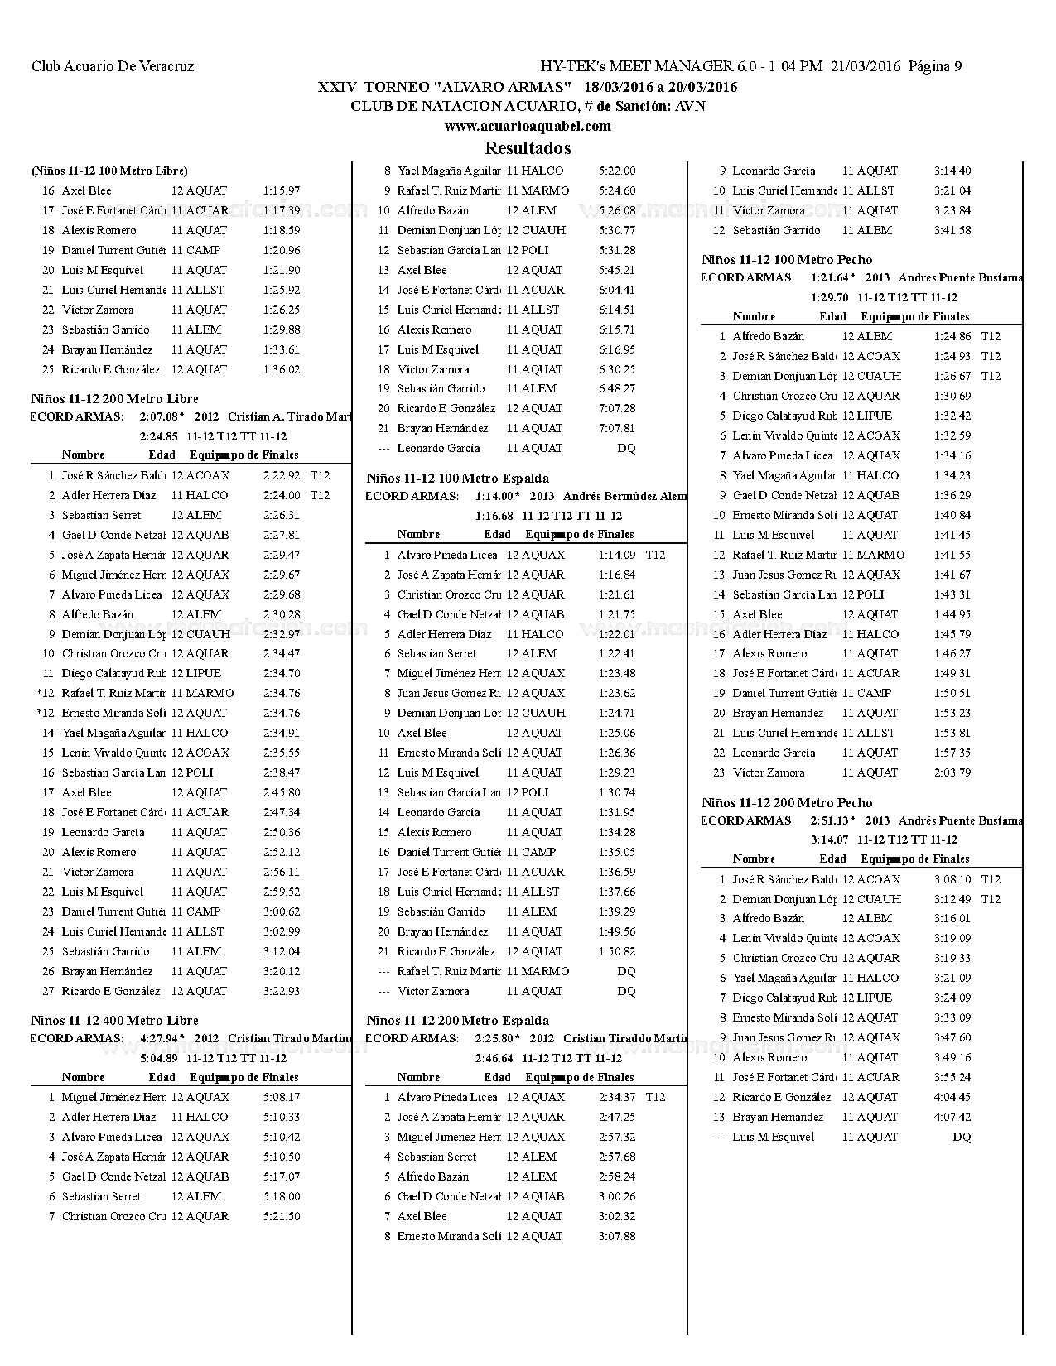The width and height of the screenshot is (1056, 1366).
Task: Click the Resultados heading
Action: coord(528,148)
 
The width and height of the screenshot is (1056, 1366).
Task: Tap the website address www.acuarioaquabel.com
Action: coord(528,126)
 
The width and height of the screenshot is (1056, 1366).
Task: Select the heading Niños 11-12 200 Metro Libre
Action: coord(114,399)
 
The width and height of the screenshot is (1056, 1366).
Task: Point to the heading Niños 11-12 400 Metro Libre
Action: coord(114,1021)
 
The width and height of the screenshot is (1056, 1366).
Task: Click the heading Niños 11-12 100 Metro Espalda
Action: coord(457,479)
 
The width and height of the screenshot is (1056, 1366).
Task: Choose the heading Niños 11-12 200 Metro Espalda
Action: coord(457,1021)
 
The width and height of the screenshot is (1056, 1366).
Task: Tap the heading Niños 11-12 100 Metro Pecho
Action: coord(787,260)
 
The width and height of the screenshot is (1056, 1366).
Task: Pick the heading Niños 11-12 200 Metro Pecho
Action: coord(787,803)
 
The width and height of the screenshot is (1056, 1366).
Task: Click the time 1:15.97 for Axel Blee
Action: coord(282,191)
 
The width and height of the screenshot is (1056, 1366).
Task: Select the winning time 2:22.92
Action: coord(282,476)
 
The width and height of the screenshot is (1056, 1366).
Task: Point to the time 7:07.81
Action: coord(617,429)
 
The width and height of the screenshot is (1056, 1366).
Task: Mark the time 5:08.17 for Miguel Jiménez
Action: coord(282,1098)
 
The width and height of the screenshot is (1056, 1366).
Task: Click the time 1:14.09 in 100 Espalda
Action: coord(617,556)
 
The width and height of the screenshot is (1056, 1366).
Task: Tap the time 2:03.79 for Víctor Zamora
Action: coord(952,773)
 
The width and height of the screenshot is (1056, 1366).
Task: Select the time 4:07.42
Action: coord(952,1118)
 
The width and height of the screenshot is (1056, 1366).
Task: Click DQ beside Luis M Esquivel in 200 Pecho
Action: coord(962,1138)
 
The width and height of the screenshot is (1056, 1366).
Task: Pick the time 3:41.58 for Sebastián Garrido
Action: coord(952,231)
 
